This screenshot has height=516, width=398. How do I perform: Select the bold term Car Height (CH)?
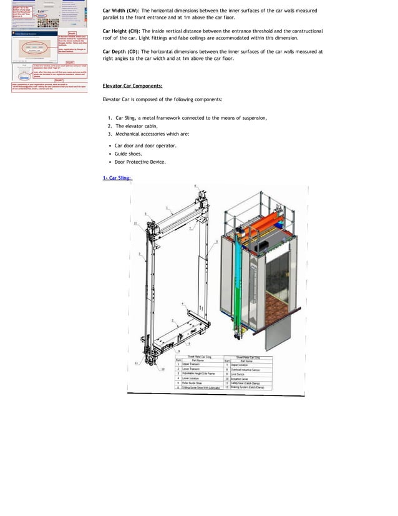pos(122,31)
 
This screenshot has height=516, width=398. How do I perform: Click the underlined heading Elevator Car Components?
pos(132,86)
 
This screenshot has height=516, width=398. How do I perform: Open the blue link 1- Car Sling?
pos(117,178)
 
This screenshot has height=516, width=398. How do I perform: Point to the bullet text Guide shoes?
pos(128,153)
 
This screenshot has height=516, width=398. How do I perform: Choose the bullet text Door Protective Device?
pos(140,162)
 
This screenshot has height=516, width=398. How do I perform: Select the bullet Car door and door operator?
pos(145,145)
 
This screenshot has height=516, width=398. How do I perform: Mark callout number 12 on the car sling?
pos(136,223)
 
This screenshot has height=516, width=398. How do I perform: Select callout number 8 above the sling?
pos(194,186)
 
